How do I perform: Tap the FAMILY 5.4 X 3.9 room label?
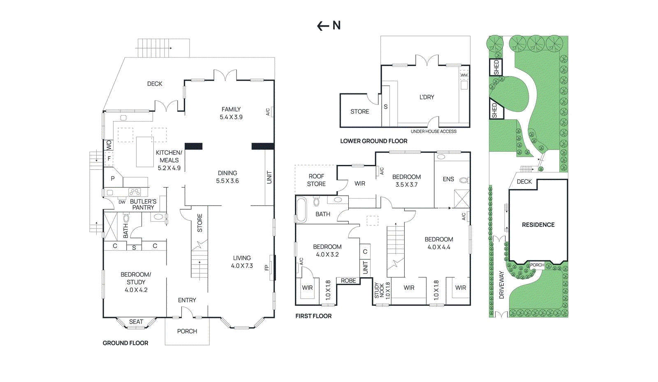pos(231,113)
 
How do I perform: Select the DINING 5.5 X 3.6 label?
pos(227,177)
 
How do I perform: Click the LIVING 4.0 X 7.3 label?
pos(242,262)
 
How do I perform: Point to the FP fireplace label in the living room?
pos(266,268)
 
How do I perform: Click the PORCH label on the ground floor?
pos(187,331)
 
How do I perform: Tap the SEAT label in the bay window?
pos(136,322)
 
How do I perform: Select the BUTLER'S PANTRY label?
pos(143,204)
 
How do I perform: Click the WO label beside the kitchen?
pos(109,145)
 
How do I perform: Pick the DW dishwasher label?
pos(122,202)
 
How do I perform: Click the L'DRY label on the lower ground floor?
pos(426,97)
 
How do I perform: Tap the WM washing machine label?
pos(464,75)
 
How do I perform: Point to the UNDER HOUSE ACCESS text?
pos(433,132)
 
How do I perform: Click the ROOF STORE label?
pos(316,180)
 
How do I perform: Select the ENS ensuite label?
pos(448,179)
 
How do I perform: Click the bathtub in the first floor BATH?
pos(301,210)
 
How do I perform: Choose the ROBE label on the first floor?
pos(348,281)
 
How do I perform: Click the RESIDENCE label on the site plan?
pos(538,225)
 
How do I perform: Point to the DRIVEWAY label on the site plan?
pos(501,285)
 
